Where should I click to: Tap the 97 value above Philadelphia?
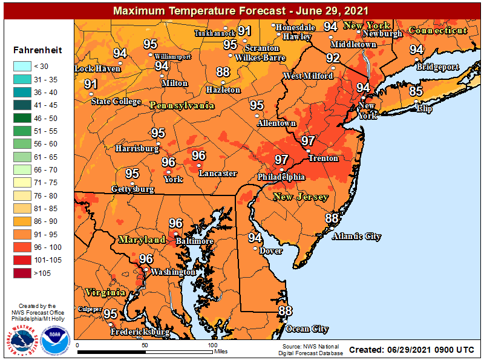coord(281,160)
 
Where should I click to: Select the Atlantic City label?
coord(356,236)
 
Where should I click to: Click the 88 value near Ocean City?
coord(285,311)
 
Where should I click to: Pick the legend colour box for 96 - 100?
coord(24,247)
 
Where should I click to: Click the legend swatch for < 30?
coord(24,66)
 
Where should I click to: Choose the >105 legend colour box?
coord(24,273)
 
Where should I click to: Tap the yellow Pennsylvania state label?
coord(181,105)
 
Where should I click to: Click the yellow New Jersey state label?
coord(301,197)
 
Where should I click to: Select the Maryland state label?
coord(142,240)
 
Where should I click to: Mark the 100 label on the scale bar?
coord(212,344)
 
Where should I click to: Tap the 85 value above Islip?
coord(416,91)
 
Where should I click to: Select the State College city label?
coord(116,101)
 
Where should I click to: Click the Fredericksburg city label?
coord(140,332)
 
